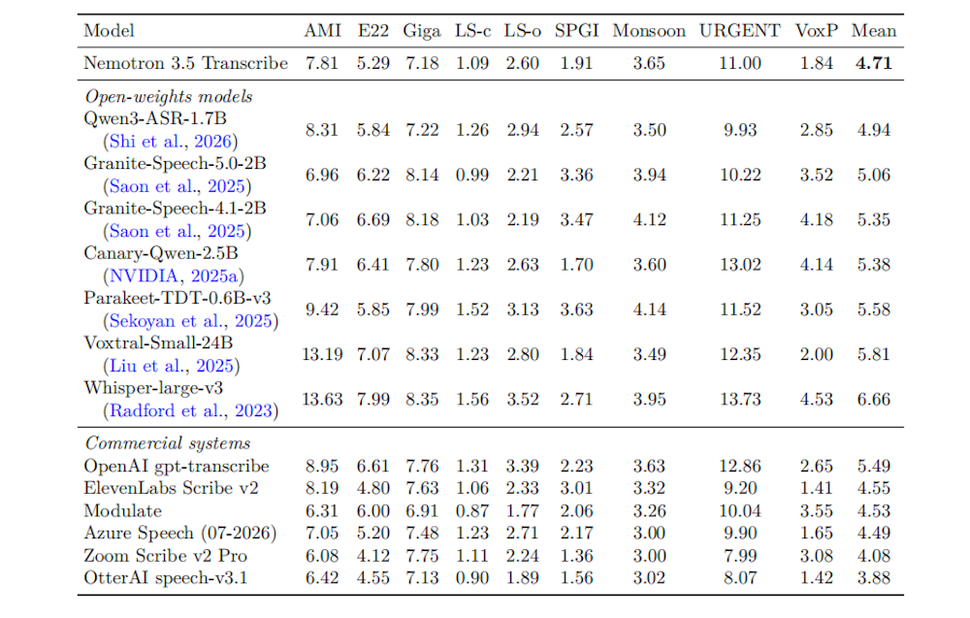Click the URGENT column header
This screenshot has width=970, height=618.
[x=740, y=31]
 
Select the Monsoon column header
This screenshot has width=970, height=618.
[x=649, y=31]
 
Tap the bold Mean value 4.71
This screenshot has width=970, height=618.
[x=874, y=63]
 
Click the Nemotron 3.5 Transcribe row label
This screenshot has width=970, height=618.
[x=185, y=63]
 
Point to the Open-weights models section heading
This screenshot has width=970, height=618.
[x=169, y=97]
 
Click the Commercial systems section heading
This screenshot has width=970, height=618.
[x=168, y=443]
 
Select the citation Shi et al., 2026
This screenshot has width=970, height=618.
[x=171, y=142]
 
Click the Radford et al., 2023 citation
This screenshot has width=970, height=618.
[x=190, y=410]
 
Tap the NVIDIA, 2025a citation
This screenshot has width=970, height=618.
[x=174, y=276]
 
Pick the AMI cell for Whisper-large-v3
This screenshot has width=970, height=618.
[x=322, y=400]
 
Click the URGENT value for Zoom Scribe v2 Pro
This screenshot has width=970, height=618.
[x=740, y=556]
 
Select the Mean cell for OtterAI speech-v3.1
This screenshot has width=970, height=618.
[x=874, y=578]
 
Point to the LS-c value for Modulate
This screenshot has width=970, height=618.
[x=472, y=511]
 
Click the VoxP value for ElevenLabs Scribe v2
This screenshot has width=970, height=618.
[x=816, y=489]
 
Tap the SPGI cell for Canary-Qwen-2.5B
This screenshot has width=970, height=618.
[x=576, y=265]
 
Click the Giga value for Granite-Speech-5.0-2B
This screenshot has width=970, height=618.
[x=422, y=175]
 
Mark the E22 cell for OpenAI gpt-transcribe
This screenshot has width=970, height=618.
[x=373, y=467]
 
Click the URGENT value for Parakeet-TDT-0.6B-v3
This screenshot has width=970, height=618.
[x=740, y=309]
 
